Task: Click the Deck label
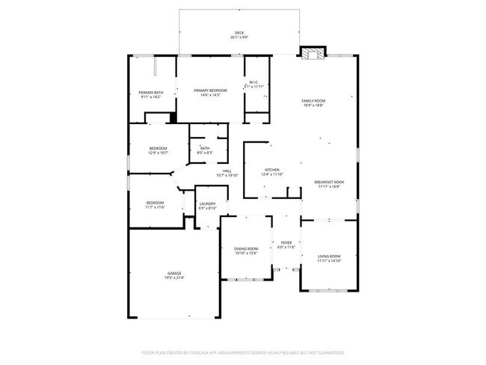(x=239, y=32)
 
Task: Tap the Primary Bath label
(x=150, y=92)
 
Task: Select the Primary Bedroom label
(x=210, y=90)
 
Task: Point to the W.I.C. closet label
(x=254, y=82)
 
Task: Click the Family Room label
(x=313, y=101)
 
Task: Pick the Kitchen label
(x=272, y=170)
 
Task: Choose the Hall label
(x=227, y=171)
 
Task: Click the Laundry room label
(x=207, y=203)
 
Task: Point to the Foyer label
(x=286, y=242)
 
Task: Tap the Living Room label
(x=329, y=257)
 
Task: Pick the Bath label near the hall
(x=204, y=148)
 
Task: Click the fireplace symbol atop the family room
(x=311, y=53)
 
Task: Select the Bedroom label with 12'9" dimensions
(x=157, y=148)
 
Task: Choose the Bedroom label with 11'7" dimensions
(x=155, y=203)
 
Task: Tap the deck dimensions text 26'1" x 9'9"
(x=239, y=37)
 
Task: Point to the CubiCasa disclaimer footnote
(x=242, y=352)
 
